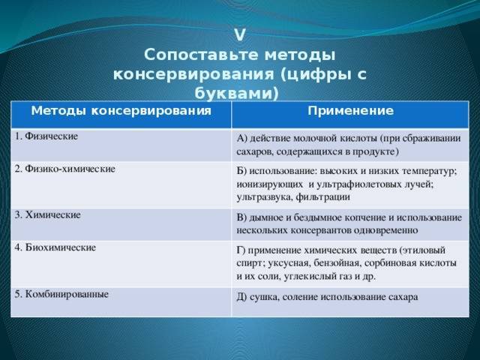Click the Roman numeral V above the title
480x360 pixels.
pyautogui.click(x=240, y=35)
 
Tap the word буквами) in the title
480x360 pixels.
pyautogui.click(x=237, y=94)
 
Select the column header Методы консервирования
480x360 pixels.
pyautogui.click(x=121, y=111)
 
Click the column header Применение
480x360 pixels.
pyautogui.click(x=350, y=111)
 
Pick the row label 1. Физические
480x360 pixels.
pyautogui.click(x=46, y=136)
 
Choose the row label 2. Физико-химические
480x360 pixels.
pyautogui.click(x=65, y=169)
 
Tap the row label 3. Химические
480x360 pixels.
pyautogui.click(x=48, y=215)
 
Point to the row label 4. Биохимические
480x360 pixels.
pyautogui.click(x=55, y=247)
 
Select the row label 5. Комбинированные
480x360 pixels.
pyautogui.click(x=61, y=295)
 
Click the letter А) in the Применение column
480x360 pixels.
pyautogui.click(x=241, y=138)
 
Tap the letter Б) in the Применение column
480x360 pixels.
pyautogui.click(x=241, y=171)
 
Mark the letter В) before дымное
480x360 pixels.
pyautogui.click(x=241, y=217)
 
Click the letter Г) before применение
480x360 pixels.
pyautogui.click(x=241, y=250)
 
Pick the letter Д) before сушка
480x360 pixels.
pyautogui.click(x=241, y=297)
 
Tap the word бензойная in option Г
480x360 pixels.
pyautogui.click(x=337, y=263)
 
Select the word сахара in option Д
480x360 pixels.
pyautogui.click(x=403, y=297)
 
